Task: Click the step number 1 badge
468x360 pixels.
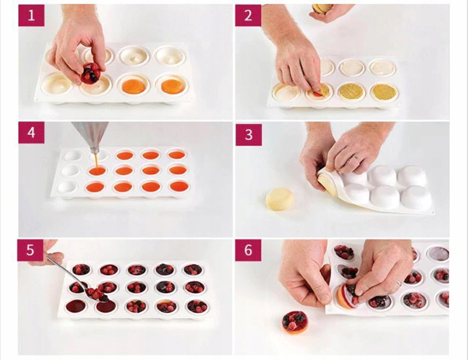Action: [31, 15]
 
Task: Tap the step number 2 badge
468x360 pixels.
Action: [249, 15]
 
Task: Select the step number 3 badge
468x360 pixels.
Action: [249, 135]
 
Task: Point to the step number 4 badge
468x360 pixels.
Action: [31, 132]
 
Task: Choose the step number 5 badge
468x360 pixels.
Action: [30, 250]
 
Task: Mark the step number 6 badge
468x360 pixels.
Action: [248, 250]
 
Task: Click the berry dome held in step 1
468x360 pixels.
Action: [91, 73]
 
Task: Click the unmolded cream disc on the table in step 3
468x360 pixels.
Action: [280, 199]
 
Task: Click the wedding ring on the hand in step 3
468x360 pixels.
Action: [357, 159]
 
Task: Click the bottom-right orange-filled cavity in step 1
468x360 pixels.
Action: [172, 86]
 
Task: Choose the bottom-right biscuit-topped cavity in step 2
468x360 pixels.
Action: [385, 91]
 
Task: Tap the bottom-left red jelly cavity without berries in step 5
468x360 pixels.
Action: [76, 306]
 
